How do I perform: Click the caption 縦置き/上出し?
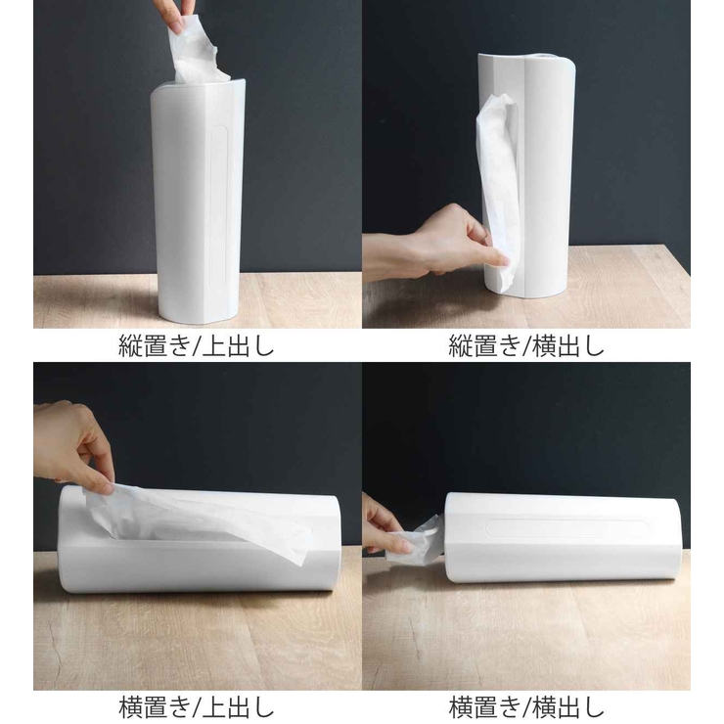click(x=197, y=346)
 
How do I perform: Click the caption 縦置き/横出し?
click(x=526, y=346)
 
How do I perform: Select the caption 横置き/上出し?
click(x=197, y=706)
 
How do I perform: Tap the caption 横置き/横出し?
click(x=526, y=706)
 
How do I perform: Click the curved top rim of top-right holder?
click(x=528, y=60)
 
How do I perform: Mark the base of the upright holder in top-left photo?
click(x=196, y=313)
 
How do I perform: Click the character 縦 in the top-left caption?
click(x=130, y=346)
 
